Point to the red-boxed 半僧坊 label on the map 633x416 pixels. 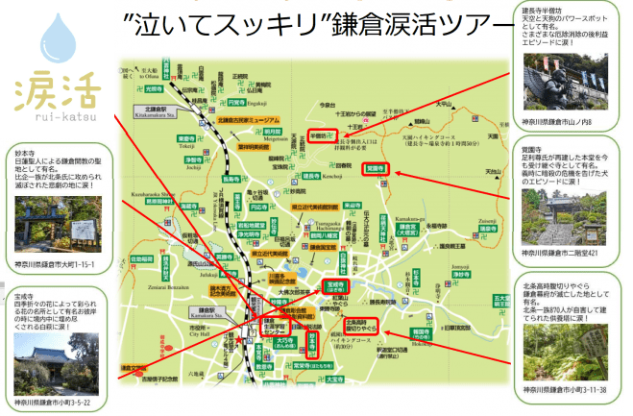click(320, 136)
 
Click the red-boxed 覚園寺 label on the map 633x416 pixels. click(375, 168)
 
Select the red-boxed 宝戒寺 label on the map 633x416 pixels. click(336, 286)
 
